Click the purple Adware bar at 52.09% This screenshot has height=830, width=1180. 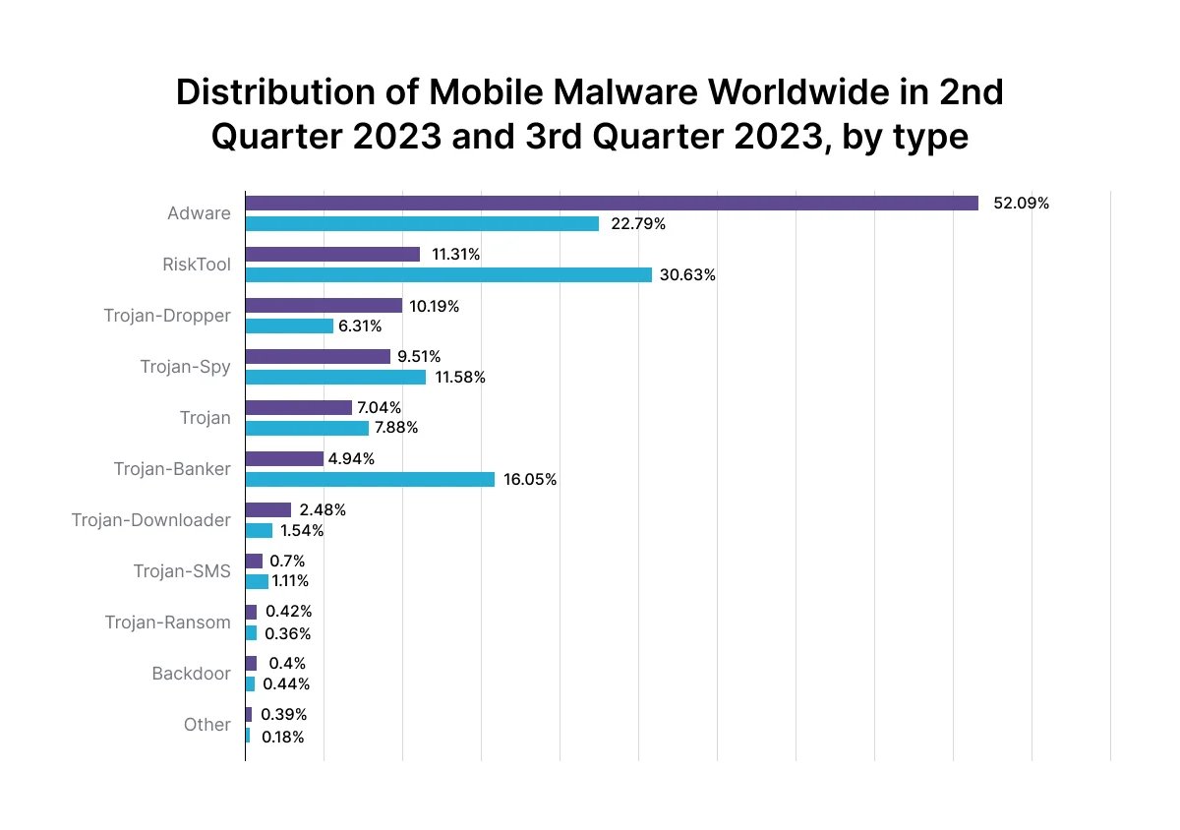[612, 204]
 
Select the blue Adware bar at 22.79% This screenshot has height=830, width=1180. [422, 224]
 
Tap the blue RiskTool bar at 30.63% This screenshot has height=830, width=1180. [448, 275]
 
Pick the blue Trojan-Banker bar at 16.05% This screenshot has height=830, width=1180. [370, 479]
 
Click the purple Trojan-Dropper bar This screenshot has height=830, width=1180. [324, 306]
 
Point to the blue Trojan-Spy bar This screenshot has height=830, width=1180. [335, 377]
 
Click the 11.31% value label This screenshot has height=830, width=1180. [455, 255]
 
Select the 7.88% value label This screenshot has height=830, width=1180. [397, 428]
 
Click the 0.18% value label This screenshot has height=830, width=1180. [283, 736]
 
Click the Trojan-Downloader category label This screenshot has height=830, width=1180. [150, 519]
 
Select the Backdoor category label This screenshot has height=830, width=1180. [191, 674]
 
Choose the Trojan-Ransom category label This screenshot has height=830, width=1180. [168, 622]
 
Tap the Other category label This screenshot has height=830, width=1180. [206, 725]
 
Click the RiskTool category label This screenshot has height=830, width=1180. [197, 265]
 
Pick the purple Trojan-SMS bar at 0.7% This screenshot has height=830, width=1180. [254, 561]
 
